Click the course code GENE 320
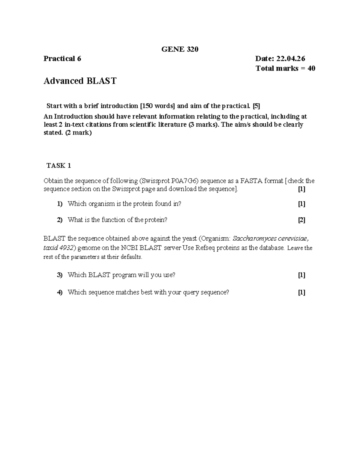click(180, 49)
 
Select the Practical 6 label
click(62, 59)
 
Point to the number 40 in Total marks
click(311, 68)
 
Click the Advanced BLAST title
click(80, 81)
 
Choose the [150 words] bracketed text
click(157, 106)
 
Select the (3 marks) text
click(202, 125)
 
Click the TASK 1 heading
click(59, 165)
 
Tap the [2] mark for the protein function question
click(301, 220)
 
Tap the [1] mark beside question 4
click(301, 293)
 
